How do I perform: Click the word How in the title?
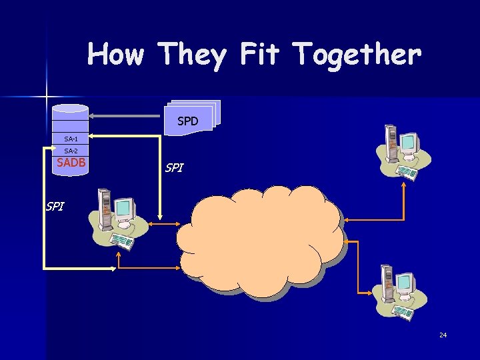click(x=115, y=54)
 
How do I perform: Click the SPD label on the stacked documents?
click(x=188, y=121)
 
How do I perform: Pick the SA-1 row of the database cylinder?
click(x=71, y=139)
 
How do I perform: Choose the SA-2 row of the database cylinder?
click(x=71, y=151)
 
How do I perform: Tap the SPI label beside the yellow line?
click(x=55, y=207)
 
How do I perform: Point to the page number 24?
click(x=443, y=335)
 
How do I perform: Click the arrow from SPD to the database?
click(x=127, y=115)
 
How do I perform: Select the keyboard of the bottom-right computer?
click(x=405, y=312)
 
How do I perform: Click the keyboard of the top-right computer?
click(x=407, y=172)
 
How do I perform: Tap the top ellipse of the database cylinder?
click(x=71, y=108)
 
